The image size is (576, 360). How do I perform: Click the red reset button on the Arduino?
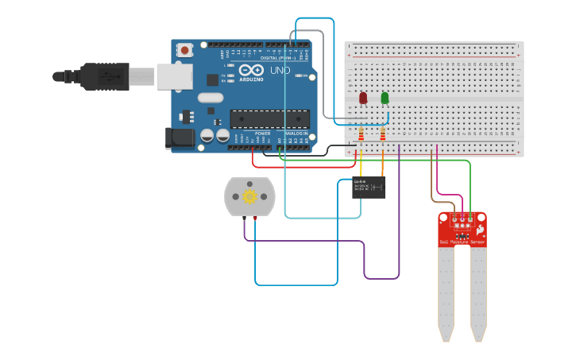tap(185, 50)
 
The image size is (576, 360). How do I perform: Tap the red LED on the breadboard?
tap(363, 98)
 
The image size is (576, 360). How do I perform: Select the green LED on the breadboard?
tap(385, 98)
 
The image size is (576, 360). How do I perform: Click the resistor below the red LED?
tap(361, 135)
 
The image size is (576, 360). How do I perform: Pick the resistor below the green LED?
tap(383, 135)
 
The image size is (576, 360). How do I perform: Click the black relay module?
tap(369, 188)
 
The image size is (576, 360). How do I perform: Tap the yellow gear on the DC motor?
tap(249, 196)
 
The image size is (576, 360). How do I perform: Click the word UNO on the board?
tap(280, 71)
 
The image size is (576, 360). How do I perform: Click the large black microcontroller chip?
tap(269, 118)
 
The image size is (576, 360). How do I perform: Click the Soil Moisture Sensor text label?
tap(462, 241)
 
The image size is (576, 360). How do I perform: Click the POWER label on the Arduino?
tap(262, 133)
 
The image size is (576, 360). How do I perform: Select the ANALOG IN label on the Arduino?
tap(296, 133)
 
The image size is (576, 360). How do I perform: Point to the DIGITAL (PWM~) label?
tap(278, 58)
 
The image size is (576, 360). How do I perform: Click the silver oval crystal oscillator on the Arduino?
tap(211, 98)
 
